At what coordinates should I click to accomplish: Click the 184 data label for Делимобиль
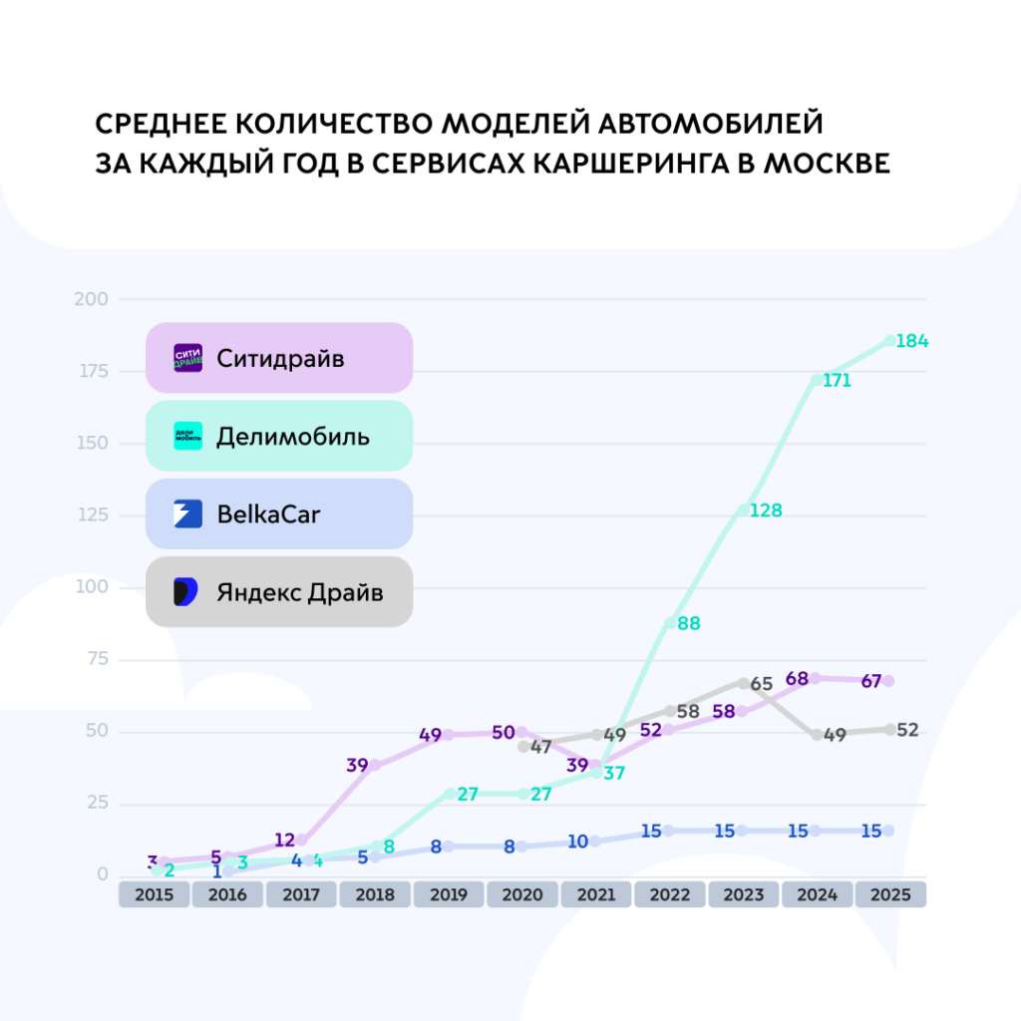pos(911,342)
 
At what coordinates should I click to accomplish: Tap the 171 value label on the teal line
pos(837,381)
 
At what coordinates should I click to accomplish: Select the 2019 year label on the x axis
pos(449,894)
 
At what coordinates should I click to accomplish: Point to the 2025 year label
pos(890,894)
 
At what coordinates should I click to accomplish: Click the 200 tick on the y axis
pos(92,299)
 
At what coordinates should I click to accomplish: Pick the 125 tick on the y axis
pos(92,515)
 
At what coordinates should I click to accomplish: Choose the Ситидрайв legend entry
pos(279,358)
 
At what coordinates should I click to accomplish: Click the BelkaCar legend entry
pos(279,514)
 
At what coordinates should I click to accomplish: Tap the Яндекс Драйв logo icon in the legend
pos(187,592)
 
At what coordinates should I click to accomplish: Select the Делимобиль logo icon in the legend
pos(187,436)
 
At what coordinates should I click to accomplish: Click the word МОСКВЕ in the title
pos(827,163)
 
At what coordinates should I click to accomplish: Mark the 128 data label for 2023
pos(766,510)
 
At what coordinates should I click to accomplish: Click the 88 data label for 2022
pos(688,624)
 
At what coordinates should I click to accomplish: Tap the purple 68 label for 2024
pos(797,679)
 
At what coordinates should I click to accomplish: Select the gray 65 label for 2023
pos(762,685)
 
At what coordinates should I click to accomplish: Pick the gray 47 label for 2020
pos(540,747)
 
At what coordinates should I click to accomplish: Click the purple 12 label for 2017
pos(285,841)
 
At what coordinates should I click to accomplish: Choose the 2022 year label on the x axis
pos(670,894)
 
